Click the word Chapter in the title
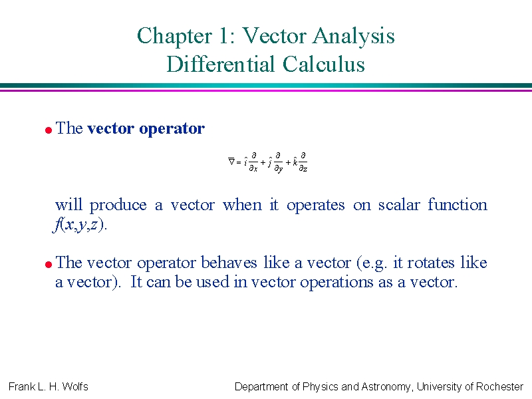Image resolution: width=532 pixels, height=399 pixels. [x=175, y=36]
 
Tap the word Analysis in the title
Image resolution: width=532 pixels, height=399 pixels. [x=353, y=36]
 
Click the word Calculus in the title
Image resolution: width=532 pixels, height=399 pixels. [x=323, y=64]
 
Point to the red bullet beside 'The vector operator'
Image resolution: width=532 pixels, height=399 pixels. [x=49, y=130]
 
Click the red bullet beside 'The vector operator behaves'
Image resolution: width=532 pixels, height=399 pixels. [x=49, y=264]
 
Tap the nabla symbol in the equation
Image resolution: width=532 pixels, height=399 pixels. [x=231, y=161]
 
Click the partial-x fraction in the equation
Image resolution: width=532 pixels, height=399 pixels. [x=253, y=162]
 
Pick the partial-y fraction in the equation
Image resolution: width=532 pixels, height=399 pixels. [x=278, y=162]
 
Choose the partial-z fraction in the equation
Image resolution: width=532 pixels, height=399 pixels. [x=303, y=162]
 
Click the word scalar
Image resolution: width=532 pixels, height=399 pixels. [x=399, y=205]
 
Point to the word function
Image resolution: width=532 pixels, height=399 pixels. [x=458, y=205]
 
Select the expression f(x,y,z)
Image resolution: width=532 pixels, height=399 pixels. [x=80, y=225]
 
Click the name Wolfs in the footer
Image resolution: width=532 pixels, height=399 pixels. [x=75, y=386]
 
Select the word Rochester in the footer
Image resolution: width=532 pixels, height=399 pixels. [x=500, y=386]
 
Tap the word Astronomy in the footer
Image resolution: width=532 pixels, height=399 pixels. [x=386, y=387]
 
